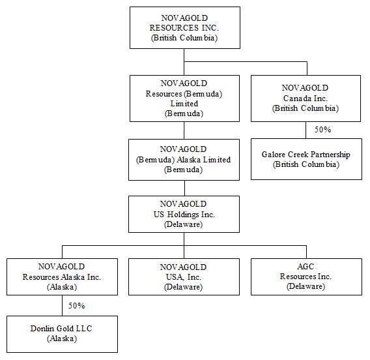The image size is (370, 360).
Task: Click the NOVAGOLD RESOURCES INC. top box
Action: pos(185,27)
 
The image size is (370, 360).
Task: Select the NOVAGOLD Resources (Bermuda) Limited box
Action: pos(184,98)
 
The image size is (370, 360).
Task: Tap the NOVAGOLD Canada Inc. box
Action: pos(306,98)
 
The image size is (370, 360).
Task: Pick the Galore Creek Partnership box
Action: pos(306,159)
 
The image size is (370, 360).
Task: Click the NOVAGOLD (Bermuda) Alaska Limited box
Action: pos(184,160)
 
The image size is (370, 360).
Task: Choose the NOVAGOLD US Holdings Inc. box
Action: pos(184,215)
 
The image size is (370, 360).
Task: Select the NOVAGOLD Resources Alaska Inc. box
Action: pos(62,277)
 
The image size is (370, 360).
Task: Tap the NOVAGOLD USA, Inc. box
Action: pos(184,277)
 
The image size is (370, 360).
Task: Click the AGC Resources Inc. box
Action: pos(306,277)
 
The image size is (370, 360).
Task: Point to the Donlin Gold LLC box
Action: pos(62,335)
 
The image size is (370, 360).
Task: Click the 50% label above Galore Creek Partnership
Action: pos(322,129)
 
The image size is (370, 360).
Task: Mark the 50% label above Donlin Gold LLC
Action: pos(76,306)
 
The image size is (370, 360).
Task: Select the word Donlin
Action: pos(42,328)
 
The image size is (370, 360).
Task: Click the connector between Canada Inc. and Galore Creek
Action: pos(306,130)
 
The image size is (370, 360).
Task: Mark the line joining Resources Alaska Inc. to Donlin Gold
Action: pos(62,306)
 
